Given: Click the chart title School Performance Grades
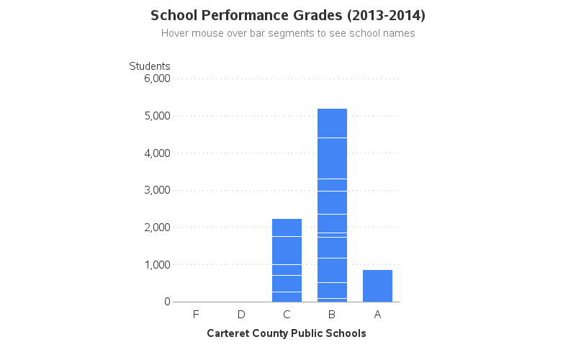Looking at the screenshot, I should [x=288, y=15].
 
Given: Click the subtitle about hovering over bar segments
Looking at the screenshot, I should [x=288, y=33].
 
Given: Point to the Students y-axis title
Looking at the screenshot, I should [x=150, y=66].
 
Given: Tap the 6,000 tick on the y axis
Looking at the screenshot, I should [x=157, y=78].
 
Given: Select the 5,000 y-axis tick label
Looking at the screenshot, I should [x=157, y=116].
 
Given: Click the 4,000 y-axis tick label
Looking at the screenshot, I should [x=157, y=153].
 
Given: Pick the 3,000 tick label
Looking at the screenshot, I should [x=157, y=190].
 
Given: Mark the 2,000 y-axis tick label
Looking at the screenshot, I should [x=157, y=228].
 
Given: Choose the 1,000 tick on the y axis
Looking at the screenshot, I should [x=157, y=265].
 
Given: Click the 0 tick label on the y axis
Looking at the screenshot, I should [x=166, y=302].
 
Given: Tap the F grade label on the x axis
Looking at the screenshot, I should [x=196, y=315].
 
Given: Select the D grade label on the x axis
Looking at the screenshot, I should [x=241, y=315].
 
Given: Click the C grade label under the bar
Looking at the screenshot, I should [x=287, y=315].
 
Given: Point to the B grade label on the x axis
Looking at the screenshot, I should [x=332, y=315].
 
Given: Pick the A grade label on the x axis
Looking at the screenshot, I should [x=377, y=315].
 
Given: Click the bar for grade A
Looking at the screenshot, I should [x=377, y=286].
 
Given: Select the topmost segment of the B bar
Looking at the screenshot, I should [x=332, y=123].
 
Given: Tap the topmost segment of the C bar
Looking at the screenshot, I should [x=287, y=228].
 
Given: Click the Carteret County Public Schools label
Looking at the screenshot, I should [x=287, y=333].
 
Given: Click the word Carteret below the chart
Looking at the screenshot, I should [x=228, y=333].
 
